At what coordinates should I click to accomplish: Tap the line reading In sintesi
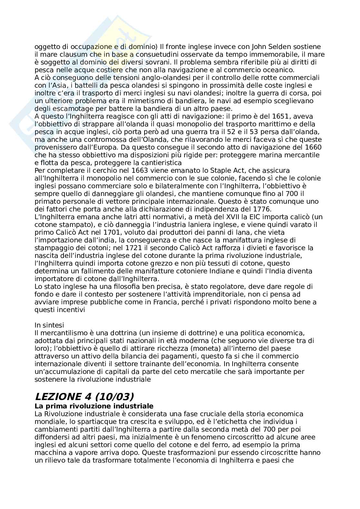coord(49,325)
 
